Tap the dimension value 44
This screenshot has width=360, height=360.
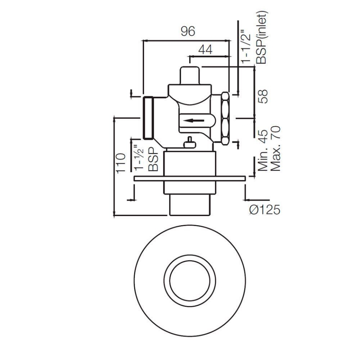[x=205, y=50]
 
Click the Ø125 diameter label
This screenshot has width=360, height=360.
[x=265, y=210]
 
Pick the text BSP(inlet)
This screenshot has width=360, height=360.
[x=261, y=37]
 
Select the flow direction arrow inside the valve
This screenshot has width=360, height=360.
[x=195, y=121]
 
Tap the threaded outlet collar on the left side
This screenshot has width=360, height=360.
[x=149, y=117]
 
